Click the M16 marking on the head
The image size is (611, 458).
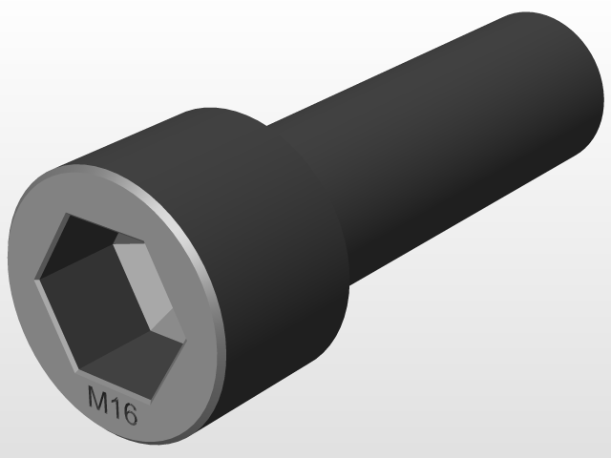click(113, 406)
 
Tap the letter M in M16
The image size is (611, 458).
click(97, 398)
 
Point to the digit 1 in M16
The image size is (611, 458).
click(115, 406)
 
